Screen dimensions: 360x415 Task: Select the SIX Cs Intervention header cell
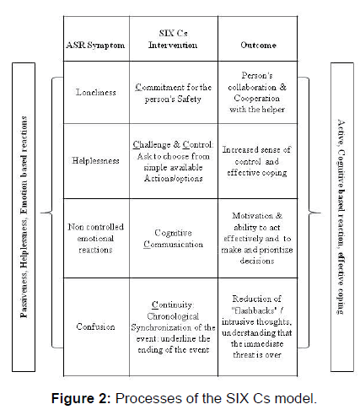tap(173, 39)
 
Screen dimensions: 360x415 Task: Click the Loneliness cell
tap(96, 92)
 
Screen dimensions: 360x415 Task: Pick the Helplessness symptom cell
tap(96, 160)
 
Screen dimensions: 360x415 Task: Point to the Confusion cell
tap(96, 326)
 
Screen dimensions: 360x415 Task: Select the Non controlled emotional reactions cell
tap(96, 238)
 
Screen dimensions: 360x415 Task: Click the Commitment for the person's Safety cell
tap(173, 93)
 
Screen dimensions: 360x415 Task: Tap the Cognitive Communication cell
tap(173, 239)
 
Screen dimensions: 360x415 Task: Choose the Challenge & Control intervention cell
tap(173, 161)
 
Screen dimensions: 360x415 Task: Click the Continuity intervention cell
tap(173, 327)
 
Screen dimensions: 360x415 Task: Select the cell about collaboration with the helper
tap(257, 92)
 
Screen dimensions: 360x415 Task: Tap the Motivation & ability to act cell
tap(257, 238)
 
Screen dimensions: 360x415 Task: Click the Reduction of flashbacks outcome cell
tap(257, 326)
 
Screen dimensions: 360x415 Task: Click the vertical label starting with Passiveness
tap(24, 217)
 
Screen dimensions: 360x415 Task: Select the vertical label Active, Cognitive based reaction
tap(341, 217)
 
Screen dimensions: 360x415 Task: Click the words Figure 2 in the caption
tap(81, 398)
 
